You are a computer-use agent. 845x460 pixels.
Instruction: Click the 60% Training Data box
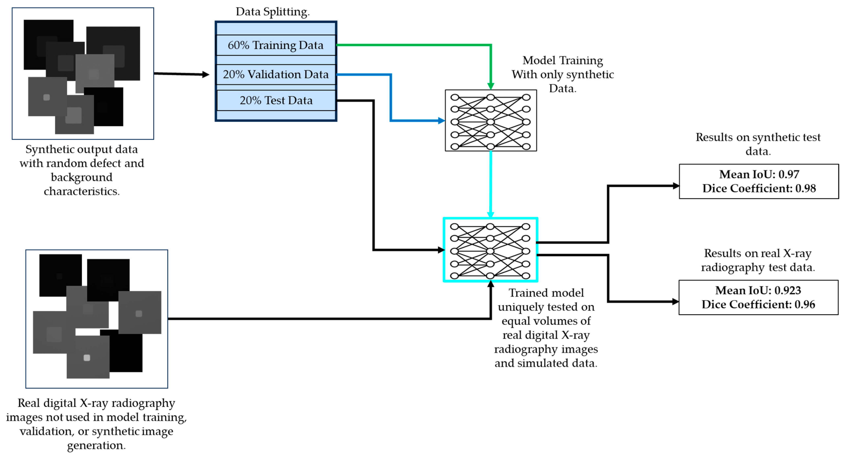pyautogui.click(x=275, y=45)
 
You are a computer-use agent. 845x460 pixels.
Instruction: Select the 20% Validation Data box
pyautogui.click(x=275, y=74)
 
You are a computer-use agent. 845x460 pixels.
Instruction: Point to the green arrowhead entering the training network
pyautogui.click(x=490, y=86)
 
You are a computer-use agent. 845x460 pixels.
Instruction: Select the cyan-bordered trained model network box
pyautogui.click(x=490, y=250)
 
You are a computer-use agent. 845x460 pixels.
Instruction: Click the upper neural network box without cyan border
pyautogui.click(x=490, y=120)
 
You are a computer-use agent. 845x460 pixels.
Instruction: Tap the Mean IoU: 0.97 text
pyautogui.click(x=759, y=174)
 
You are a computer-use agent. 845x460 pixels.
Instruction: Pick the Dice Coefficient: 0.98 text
pyautogui.click(x=759, y=188)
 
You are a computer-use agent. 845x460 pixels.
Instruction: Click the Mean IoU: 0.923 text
pyautogui.click(x=758, y=290)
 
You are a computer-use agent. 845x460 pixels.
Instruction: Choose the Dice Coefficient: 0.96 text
pyautogui.click(x=758, y=304)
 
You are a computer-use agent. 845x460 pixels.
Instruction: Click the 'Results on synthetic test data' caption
pyautogui.click(x=758, y=144)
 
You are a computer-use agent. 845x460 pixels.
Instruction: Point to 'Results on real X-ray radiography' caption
pyautogui.click(x=758, y=260)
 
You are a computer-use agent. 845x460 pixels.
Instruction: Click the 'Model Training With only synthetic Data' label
pyautogui.click(x=563, y=74)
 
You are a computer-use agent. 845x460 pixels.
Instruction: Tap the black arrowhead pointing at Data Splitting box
pyautogui.click(x=206, y=75)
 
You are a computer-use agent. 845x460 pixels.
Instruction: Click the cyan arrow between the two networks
pyautogui.click(x=490, y=183)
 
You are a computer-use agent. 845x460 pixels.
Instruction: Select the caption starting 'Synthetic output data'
pyautogui.click(x=82, y=170)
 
